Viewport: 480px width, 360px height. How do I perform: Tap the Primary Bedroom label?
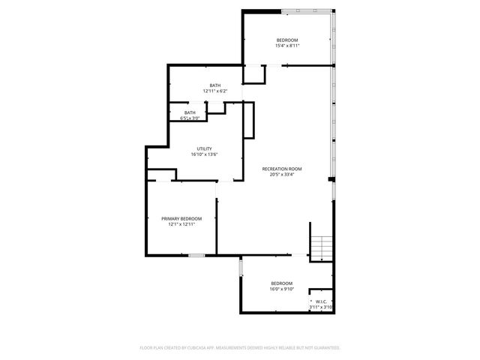click(181, 218)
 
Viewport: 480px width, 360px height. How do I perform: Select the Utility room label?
click(204, 148)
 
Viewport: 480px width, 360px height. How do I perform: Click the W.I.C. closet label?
click(321, 301)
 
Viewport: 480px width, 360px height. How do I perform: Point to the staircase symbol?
click(321, 248)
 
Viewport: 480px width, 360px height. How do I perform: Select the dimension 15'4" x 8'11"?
click(287, 46)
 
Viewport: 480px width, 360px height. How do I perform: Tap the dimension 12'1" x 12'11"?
click(181, 224)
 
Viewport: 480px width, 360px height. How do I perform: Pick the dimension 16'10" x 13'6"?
click(204, 154)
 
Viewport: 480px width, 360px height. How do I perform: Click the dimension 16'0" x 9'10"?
click(282, 289)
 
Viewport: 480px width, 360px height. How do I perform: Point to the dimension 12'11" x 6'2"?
click(215, 91)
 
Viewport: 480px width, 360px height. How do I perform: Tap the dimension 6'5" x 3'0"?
click(190, 118)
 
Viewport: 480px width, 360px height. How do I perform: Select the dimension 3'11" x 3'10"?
click(321, 307)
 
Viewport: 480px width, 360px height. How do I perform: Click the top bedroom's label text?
click(287, 40)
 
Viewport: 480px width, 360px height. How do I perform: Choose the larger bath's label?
click(215, 85)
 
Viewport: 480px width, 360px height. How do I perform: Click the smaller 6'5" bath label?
click(190, 112)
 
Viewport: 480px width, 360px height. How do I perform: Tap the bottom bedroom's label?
click(282, 283)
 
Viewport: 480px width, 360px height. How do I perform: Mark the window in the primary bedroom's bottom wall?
click(196, 256)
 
